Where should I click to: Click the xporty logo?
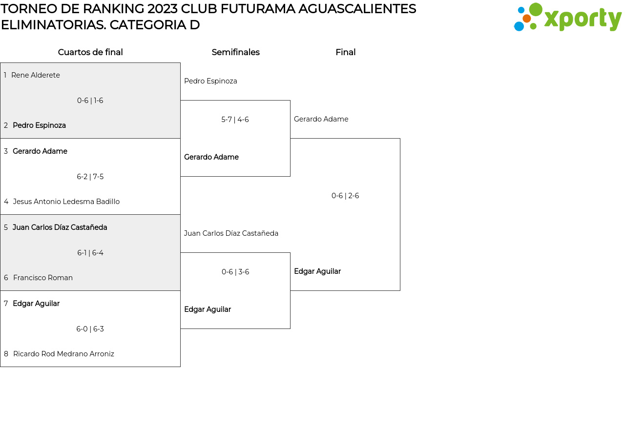[567, 18]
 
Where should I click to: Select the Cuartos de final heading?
[90, 52]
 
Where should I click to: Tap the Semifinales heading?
[235, 52]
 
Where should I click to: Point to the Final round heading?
[345, 52]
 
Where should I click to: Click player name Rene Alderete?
[36, 75]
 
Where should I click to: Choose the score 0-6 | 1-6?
[90, 101]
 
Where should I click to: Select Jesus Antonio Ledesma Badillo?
[66, 202]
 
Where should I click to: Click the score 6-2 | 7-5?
[90, 177]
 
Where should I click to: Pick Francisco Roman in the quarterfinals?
[43, 278]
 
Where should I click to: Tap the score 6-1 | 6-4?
[90, 253]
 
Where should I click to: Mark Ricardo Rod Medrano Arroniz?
[63, 354]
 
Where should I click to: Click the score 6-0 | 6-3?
[90, 329]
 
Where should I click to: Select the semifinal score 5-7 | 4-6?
[235, 120]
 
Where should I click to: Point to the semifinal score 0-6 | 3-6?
[235, 272]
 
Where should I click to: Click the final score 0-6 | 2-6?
[345, 196]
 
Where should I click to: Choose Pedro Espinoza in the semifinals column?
[210, 81]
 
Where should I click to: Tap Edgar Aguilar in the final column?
[317, 271]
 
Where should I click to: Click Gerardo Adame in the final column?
[321, 119]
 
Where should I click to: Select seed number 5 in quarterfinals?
[6, 227]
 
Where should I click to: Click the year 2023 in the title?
[162, 9]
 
